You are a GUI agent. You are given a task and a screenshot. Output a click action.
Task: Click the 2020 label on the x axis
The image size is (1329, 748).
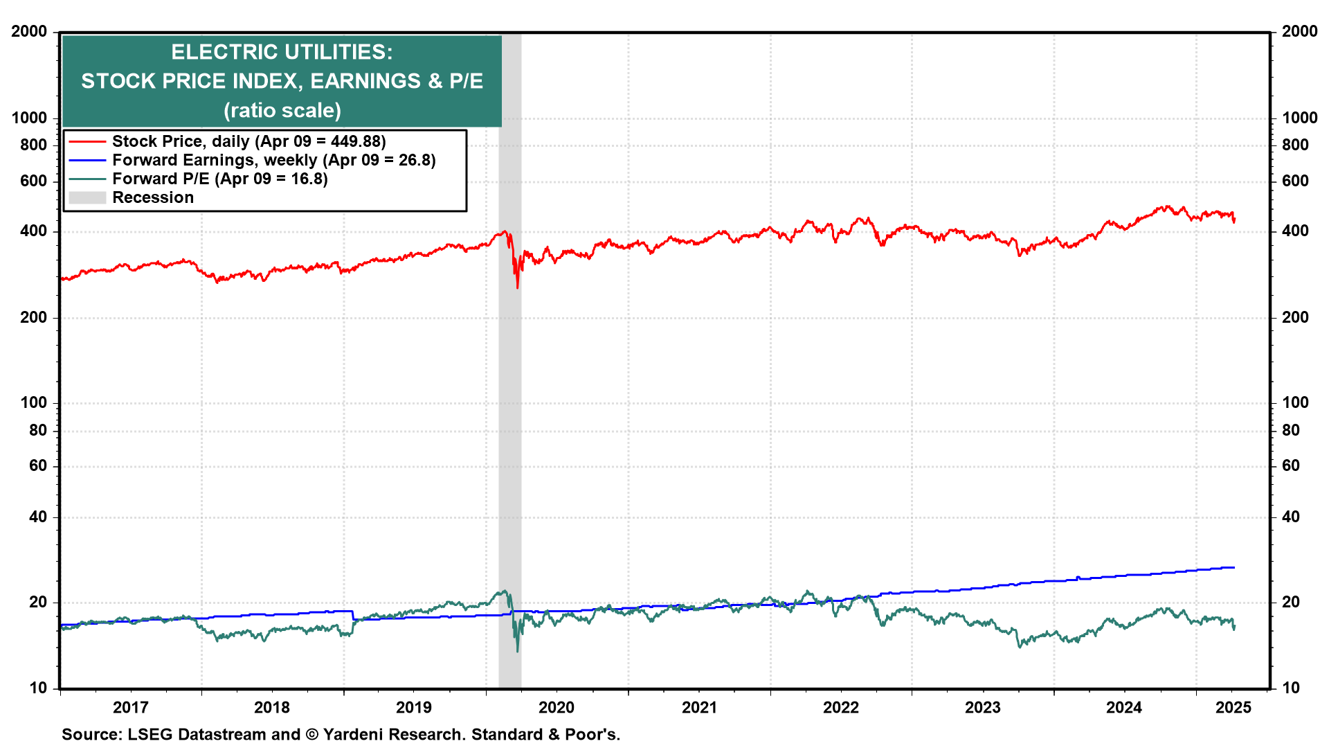(x=557, y=707)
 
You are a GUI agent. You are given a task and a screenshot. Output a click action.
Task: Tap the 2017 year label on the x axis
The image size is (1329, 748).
(x=130, y=707)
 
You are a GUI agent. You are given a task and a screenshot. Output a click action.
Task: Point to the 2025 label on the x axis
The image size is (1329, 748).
(x=1233, y=707)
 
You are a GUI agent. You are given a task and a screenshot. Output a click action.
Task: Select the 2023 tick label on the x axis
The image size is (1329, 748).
(x=983, y=707)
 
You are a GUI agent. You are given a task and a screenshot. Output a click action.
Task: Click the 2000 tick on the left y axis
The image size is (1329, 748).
(x=29, y=31)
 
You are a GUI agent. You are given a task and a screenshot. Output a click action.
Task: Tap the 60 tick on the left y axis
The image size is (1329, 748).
(x=38, y=465)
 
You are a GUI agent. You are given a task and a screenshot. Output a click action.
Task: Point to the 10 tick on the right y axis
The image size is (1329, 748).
(x=1291, y=688)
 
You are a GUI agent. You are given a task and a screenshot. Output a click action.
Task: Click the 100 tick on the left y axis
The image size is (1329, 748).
(x=34, y=402)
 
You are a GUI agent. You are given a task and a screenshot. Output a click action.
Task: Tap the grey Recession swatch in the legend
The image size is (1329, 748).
(x=87, y=197)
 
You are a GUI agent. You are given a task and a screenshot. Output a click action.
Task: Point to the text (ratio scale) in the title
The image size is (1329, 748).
(x=282, y=110)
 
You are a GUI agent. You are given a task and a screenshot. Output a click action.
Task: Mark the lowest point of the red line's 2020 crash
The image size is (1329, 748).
(x=517, y=287)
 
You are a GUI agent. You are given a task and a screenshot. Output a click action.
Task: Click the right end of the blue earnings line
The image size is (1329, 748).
(x=1234, y=567)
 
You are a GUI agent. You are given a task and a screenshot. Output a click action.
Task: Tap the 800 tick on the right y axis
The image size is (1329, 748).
(x=1295, y=145)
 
